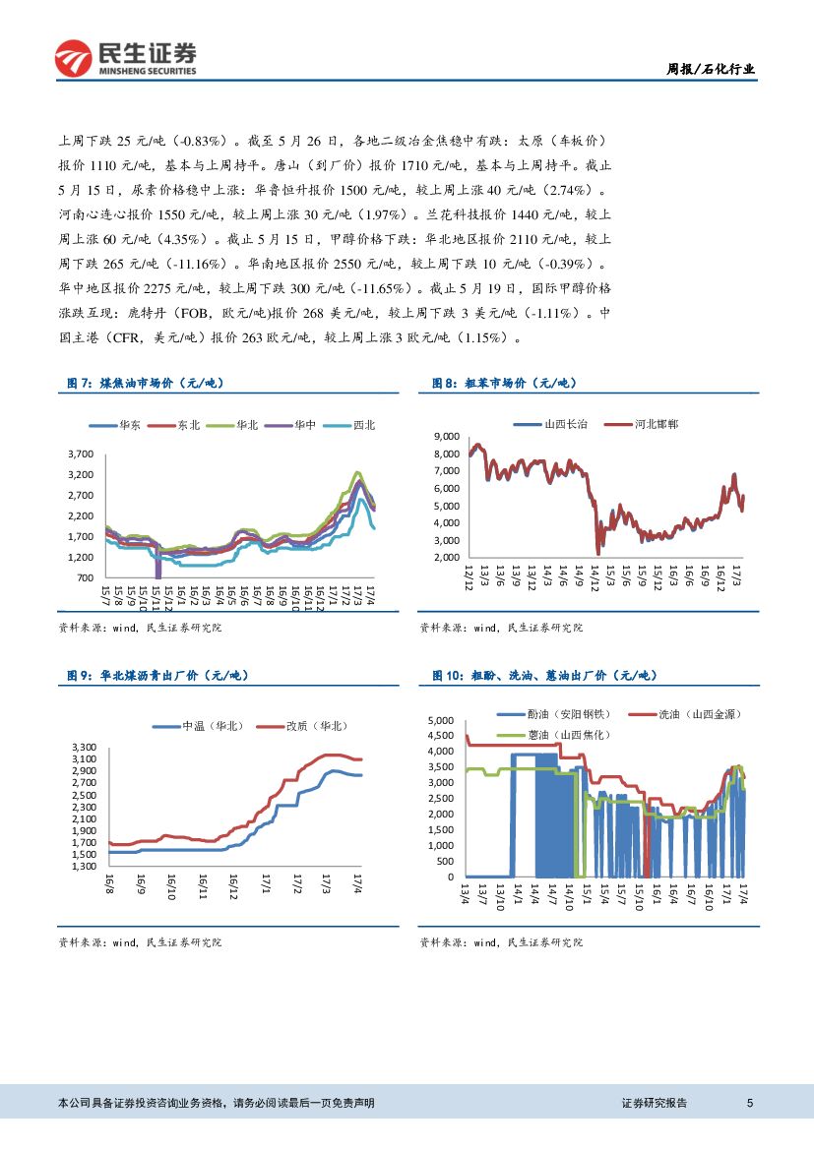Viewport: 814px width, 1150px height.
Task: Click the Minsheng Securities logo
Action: (125, 57)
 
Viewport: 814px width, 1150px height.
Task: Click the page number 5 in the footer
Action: (750, 1103)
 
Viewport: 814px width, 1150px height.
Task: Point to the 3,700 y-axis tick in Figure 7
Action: (81, 454)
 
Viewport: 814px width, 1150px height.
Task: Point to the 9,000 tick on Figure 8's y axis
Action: (447, 436)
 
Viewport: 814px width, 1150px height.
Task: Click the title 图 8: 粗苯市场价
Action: (503, 384)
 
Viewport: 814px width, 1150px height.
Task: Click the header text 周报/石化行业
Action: (712, 69)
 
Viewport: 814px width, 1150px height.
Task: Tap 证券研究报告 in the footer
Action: (655, 1103)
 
